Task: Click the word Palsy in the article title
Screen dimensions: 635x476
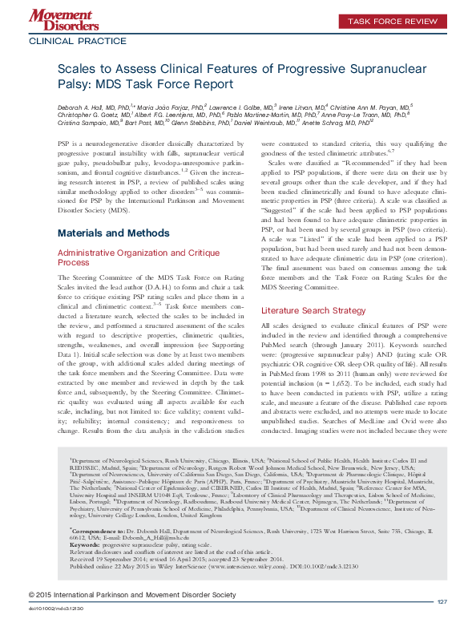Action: click(75, 87)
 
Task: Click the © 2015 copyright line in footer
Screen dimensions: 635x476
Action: click(132, 617)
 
